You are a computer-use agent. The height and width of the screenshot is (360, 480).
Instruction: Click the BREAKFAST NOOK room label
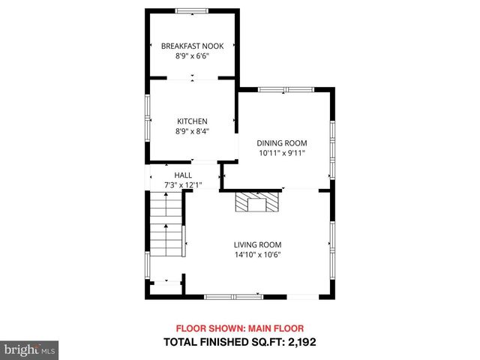click(x=192, y=46)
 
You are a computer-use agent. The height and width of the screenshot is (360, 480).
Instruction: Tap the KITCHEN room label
click(x=192, y=121)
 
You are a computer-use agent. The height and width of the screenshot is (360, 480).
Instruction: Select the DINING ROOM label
click(x=282, y=143)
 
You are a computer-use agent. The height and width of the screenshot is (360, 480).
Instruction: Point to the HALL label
click(x=183, y=175)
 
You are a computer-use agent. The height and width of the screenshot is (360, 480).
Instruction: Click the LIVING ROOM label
click(x=257, y=244)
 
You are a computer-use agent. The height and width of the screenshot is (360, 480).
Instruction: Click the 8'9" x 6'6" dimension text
click(x=192, y=56)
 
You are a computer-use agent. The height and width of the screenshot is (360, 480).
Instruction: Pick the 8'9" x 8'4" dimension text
click(x=192, y=131)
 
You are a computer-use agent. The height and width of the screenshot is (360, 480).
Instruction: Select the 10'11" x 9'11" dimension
click(x=282, y=153)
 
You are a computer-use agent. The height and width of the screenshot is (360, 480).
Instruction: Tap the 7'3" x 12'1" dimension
click(x=183, y=184)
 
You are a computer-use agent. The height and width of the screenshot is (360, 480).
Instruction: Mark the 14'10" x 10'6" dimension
click(x=257, y=254)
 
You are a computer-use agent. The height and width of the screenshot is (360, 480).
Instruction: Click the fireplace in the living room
click(x=257, y=202)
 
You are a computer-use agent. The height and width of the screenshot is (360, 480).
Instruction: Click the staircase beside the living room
click(x=166, y=225)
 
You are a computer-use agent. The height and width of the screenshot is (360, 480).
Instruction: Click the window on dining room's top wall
click(x=286, y=90)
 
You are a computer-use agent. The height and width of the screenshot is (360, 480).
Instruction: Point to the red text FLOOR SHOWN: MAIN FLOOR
click(x=240, y=328)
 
